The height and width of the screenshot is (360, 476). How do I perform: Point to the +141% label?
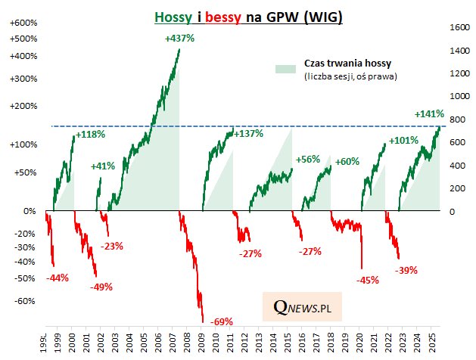click(x=429, y=113)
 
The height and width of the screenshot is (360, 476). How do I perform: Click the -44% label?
click(x=58, y=278)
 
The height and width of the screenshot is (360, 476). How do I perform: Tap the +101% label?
click(x=403, y=140)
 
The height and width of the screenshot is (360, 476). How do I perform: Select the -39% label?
click(x=408, y=270)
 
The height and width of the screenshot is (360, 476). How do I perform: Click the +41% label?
click(x=103, y=166)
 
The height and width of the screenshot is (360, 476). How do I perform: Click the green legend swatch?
click(x=285, y=69)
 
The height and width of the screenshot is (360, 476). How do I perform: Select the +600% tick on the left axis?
click(x=23, y=23)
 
